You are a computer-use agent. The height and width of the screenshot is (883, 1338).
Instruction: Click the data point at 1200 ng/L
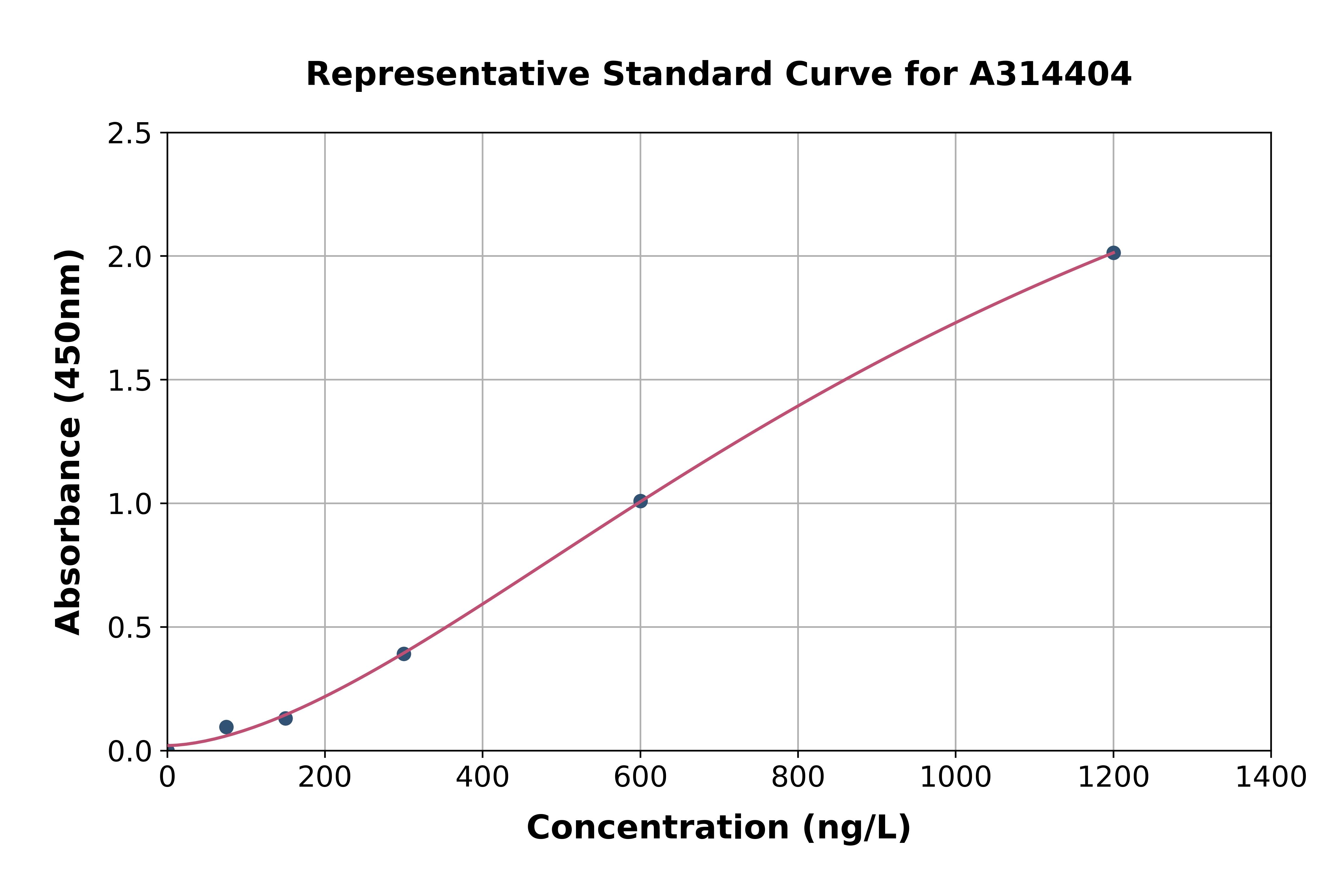[1113, 253]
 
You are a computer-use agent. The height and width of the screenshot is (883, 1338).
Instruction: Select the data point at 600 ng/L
[640, 501]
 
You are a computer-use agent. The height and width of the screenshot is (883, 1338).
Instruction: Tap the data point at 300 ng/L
[404, 654]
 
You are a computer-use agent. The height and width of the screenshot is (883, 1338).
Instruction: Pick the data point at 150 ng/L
[285, 718]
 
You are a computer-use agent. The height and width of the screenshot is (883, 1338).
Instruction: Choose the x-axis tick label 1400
[1271, 778]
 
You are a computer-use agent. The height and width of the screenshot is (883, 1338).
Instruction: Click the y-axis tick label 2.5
[130, 134]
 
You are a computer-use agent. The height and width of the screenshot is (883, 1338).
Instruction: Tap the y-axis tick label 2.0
[130, 257]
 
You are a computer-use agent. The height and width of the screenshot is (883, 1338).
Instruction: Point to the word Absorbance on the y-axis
[69, 529]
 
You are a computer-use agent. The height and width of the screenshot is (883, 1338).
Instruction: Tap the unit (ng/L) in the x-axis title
[856, 828]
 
